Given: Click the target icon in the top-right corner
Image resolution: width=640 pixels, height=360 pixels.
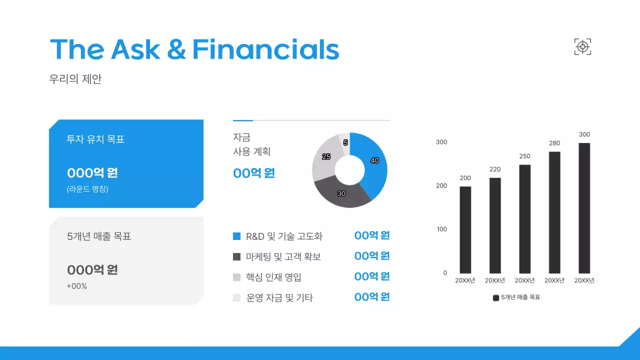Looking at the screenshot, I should pyautogui.click(x=582, y=47).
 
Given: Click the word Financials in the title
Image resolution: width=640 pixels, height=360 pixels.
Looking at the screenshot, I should pyautogui.click(x=265, y=49).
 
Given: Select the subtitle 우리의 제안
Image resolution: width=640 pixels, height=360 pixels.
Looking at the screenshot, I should pyautogui.click(x=75, y=79).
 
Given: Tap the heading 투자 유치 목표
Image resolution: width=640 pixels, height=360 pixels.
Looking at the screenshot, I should pyautogui.click(x=95, y=139).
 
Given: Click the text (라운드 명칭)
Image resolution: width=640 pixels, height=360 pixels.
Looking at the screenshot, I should pyautogui.click(x=87, y=189).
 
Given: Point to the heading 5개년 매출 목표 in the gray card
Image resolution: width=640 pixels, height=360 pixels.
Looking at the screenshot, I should pyautogui.click(x=99, y=236).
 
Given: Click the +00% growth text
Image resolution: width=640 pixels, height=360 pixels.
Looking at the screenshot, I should pyautogui.click(x=77, y=286).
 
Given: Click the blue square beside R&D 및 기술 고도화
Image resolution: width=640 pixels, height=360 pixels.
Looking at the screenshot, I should pyautogui.click(x=237, y=236).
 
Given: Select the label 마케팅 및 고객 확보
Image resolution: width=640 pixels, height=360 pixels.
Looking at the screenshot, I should pyautogui.click(x=283, y=257).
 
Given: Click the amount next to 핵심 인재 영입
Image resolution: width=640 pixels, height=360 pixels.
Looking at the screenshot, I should pyautogui.click(x=371, y=276).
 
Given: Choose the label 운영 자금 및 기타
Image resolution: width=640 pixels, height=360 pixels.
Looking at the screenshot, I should pyautogui.click(x=279, y=298).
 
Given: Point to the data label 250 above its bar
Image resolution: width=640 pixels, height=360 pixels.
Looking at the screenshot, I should pyautogui.click(x=524, y=156).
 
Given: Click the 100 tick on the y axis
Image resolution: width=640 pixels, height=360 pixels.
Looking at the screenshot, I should pyautogui.click(x=441, y=229).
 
